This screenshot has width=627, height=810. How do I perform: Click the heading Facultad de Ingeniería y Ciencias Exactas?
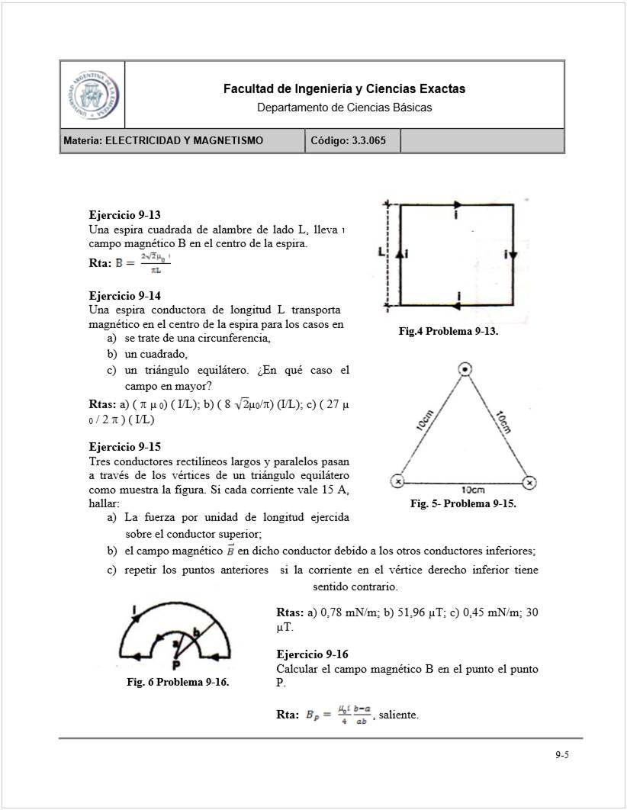click(344, 89)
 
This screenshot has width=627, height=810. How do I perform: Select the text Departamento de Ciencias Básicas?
click(344, 108)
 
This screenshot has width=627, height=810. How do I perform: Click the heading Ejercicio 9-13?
click(124, 215)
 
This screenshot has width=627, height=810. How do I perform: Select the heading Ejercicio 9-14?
click(124, 295)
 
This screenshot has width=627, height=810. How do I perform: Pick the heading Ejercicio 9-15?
click(124, 446)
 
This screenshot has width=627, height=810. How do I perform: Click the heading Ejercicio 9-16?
click(313, 654)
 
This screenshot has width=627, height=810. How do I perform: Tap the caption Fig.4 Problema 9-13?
click(449, 331)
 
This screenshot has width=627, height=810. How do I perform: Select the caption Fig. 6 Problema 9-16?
click(178, 682)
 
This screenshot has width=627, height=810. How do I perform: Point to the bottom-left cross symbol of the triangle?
click(397, 481)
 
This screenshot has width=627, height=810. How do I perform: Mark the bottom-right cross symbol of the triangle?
click(530, 481)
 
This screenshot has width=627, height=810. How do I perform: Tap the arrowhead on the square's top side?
click(457, 204)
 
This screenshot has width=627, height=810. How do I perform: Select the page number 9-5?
click(562, 755)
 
